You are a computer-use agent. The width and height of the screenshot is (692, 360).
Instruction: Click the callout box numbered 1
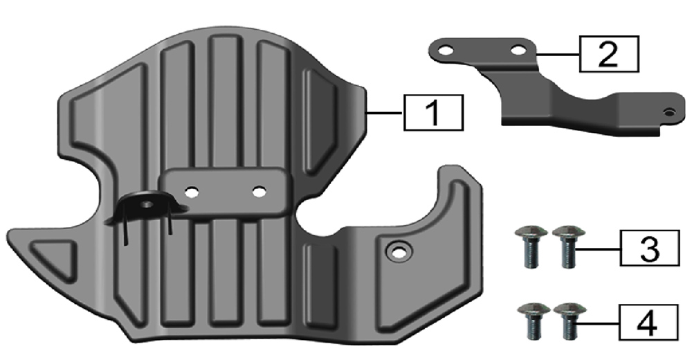tap(433, 112)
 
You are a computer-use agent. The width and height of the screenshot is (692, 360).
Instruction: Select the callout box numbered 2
tap(608, 54)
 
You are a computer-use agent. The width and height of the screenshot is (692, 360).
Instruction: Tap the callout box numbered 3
tap(650, 248)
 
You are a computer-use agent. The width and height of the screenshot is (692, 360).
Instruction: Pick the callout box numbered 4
tap(648, 322)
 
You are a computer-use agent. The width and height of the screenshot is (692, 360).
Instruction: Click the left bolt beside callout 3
tap(531, 246)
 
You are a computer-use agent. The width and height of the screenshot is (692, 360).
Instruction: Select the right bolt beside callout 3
tap(568, 246)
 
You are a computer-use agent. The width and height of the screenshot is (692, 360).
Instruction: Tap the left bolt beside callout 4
tap(533, 321)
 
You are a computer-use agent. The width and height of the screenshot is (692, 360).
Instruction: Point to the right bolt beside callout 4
tap(570, 321)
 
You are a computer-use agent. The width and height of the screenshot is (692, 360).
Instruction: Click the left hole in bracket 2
tap(446, 51)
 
